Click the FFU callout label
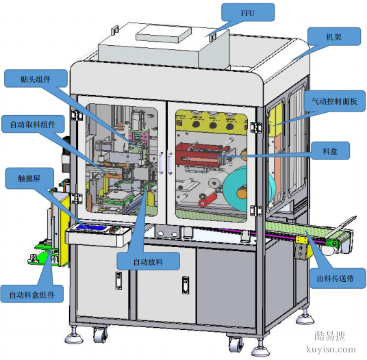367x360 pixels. [x=248, y=12]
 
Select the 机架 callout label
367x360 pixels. [x=334, y=37]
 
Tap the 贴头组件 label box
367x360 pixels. [x=36, y=79]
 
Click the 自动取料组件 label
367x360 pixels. [x=33, y=124]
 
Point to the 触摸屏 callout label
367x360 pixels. [x=29, y=178]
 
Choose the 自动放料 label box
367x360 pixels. [x=148, y=261]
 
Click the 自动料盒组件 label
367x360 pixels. [x=32, y=294]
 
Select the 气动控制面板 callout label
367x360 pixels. [x=334, y=101]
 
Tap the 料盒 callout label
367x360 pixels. [x=330, y=151]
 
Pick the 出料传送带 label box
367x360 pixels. [x=338, y=279]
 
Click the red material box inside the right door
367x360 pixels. [x=201, y=154]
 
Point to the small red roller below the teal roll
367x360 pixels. [x=206, y=199]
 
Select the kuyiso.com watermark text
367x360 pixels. [x=331, y=349]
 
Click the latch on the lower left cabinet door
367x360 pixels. [x=118, y=281]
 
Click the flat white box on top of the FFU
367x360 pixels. [x=164, y=34]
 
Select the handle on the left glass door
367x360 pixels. [x=161, y=163]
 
